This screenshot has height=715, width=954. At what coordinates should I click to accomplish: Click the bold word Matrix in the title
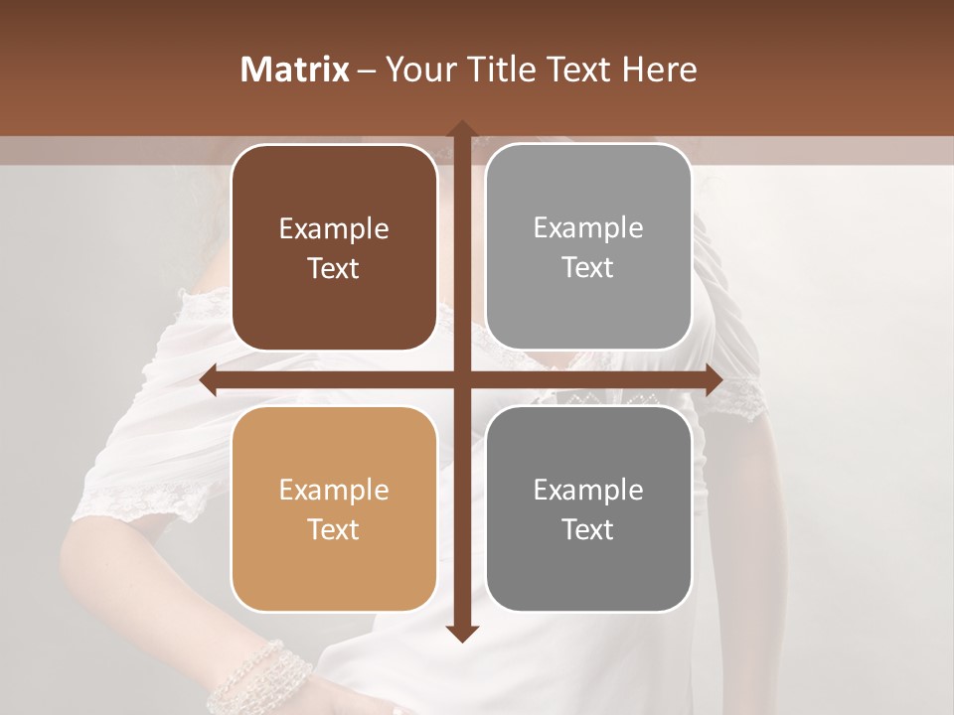[x=295, y=70]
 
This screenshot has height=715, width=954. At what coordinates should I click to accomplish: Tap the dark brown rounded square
[x=334, y=248]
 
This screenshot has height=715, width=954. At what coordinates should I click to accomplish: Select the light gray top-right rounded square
[x=588, y=247]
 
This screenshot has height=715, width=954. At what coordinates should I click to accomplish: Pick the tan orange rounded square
[x=334, y=509]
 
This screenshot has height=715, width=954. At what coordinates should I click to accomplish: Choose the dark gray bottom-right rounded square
[x=588, y=509]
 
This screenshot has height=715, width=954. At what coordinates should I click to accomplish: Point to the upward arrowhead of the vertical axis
[x=461, y=129]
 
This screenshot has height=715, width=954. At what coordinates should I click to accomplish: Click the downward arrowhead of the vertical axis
[x=461, y=633]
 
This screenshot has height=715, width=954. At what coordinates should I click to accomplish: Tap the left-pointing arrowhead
[x=209, y=380]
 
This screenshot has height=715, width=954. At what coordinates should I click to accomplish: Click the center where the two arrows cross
[x=461, y=380]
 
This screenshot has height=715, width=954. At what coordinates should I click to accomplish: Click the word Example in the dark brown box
[x=334, y=229]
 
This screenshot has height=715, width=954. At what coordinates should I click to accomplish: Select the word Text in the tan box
[x=334, y=529]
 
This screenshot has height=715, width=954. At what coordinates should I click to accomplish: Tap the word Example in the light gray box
[x=588, y=228]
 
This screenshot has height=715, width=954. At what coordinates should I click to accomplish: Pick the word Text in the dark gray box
[x=588, y=529]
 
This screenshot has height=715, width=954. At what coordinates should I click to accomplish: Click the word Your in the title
[x=418, y=70]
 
